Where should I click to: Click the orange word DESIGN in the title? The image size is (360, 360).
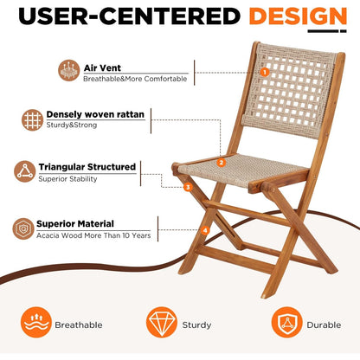click(298, 16)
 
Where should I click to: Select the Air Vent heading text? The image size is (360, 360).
click(103, 66)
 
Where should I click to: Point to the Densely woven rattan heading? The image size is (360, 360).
click(95, 113)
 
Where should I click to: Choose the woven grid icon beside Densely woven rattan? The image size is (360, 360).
click(33, 119)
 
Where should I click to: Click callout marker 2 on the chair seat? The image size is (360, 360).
click(222, 162)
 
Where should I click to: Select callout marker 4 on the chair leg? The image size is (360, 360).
click(205, 230)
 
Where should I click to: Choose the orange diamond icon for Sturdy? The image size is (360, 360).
click(161, 323)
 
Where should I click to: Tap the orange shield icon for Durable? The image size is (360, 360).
click(286, 323)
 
